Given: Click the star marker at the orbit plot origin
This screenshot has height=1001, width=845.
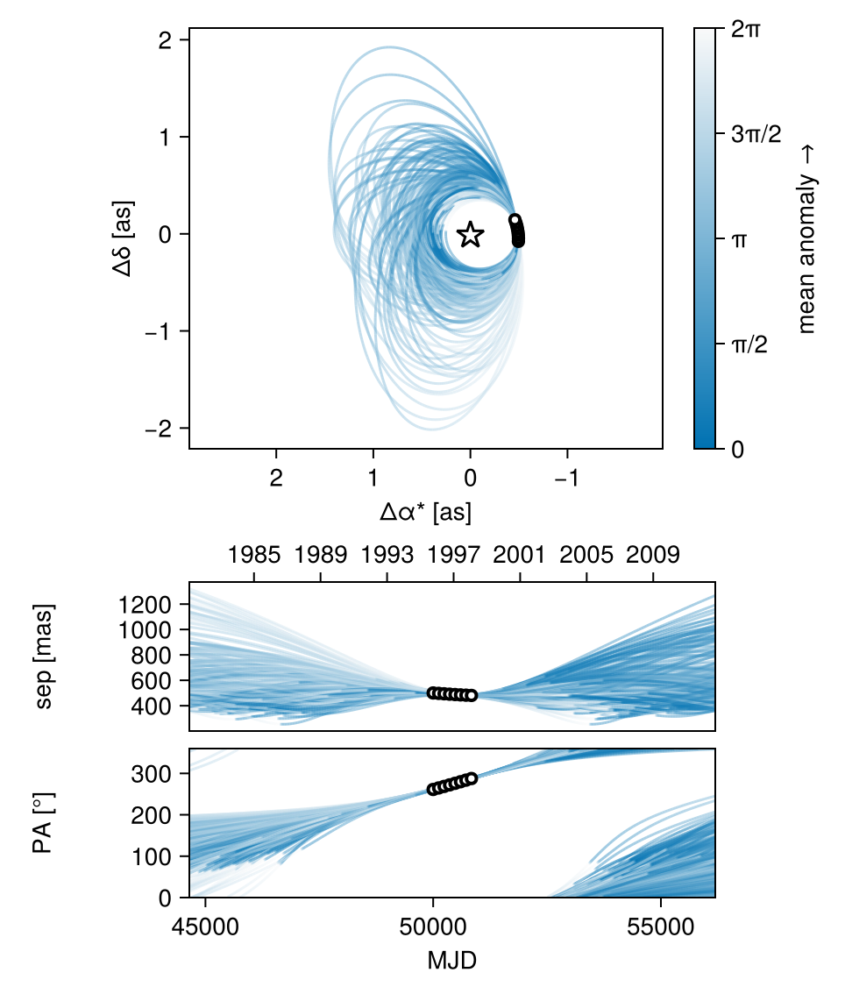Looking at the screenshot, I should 471,234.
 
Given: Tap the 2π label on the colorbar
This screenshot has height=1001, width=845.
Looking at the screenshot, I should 746,29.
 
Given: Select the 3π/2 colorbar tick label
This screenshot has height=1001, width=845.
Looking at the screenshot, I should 755,134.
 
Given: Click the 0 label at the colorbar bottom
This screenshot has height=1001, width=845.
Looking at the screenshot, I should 737,449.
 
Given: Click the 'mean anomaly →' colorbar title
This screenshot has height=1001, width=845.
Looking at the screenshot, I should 806,238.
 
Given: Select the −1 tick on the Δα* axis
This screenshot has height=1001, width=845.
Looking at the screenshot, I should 567,479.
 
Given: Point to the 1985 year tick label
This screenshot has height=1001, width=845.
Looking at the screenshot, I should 254,555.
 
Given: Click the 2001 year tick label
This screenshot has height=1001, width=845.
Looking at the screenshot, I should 521,555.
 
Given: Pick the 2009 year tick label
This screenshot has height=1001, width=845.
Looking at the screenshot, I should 654,555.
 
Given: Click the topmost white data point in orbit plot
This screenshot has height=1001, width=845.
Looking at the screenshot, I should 515,220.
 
